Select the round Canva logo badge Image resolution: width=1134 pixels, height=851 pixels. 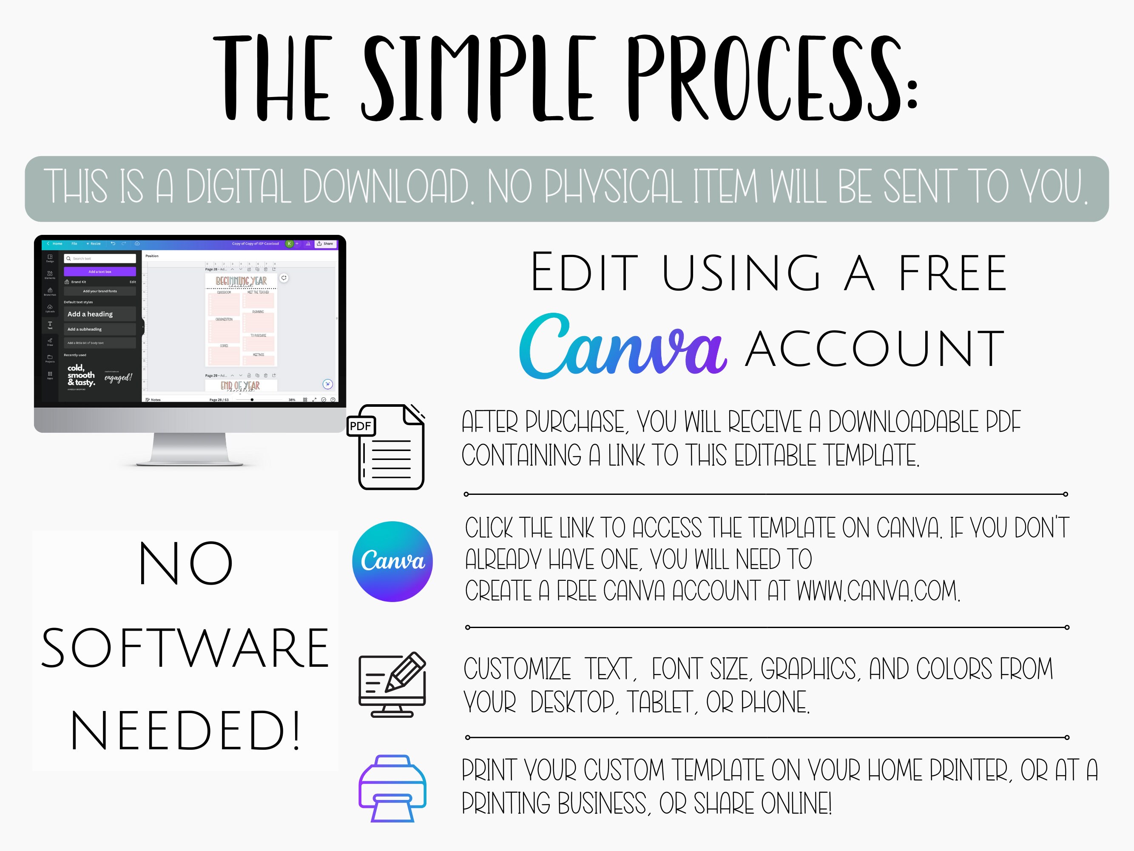392,561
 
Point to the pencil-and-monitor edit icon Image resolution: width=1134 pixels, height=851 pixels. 392,684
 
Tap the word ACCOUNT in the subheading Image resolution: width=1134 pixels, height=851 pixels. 875,349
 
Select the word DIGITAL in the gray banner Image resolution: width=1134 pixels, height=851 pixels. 239,187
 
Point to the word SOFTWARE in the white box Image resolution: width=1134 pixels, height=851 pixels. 185,648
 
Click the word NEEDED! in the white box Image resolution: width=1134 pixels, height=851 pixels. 185,731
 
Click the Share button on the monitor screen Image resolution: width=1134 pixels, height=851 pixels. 326,244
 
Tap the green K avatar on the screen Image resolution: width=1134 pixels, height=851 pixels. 289,244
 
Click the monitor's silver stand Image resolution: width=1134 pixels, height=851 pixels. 190,449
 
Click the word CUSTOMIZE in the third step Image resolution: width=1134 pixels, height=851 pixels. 517,669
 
